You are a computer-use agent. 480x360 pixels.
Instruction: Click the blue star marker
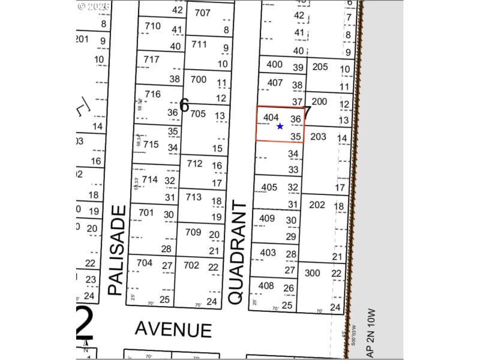coord(280,126)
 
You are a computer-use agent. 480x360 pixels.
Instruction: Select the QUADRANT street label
coord(238,252)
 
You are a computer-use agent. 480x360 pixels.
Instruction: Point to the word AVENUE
coord(173,329)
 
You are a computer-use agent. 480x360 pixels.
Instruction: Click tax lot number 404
coord(271,118)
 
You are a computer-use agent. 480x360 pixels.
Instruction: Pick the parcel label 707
coord(203,13)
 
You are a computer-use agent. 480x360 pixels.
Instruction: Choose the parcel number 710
coord(152,26)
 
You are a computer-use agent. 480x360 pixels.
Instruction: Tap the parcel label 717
coord(152,59)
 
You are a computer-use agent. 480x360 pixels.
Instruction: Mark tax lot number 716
coord(152,94)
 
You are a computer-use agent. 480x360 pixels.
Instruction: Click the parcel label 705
coord(197,114)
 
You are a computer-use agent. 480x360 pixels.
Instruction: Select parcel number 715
coord(151,144)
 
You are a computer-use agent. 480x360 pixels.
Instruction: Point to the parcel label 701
coord(146,212)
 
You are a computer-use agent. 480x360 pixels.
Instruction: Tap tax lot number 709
coord(193,232)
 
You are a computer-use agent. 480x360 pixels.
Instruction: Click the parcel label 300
coord(313,272)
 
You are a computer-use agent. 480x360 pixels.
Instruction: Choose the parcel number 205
coord(320,67)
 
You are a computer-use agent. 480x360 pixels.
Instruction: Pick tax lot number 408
coord(266,286)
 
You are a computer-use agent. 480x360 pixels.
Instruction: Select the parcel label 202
coord(317,205)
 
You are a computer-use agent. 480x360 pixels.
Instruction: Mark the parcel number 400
coord(274,65)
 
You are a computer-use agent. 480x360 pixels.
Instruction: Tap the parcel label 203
coord(318,137)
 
